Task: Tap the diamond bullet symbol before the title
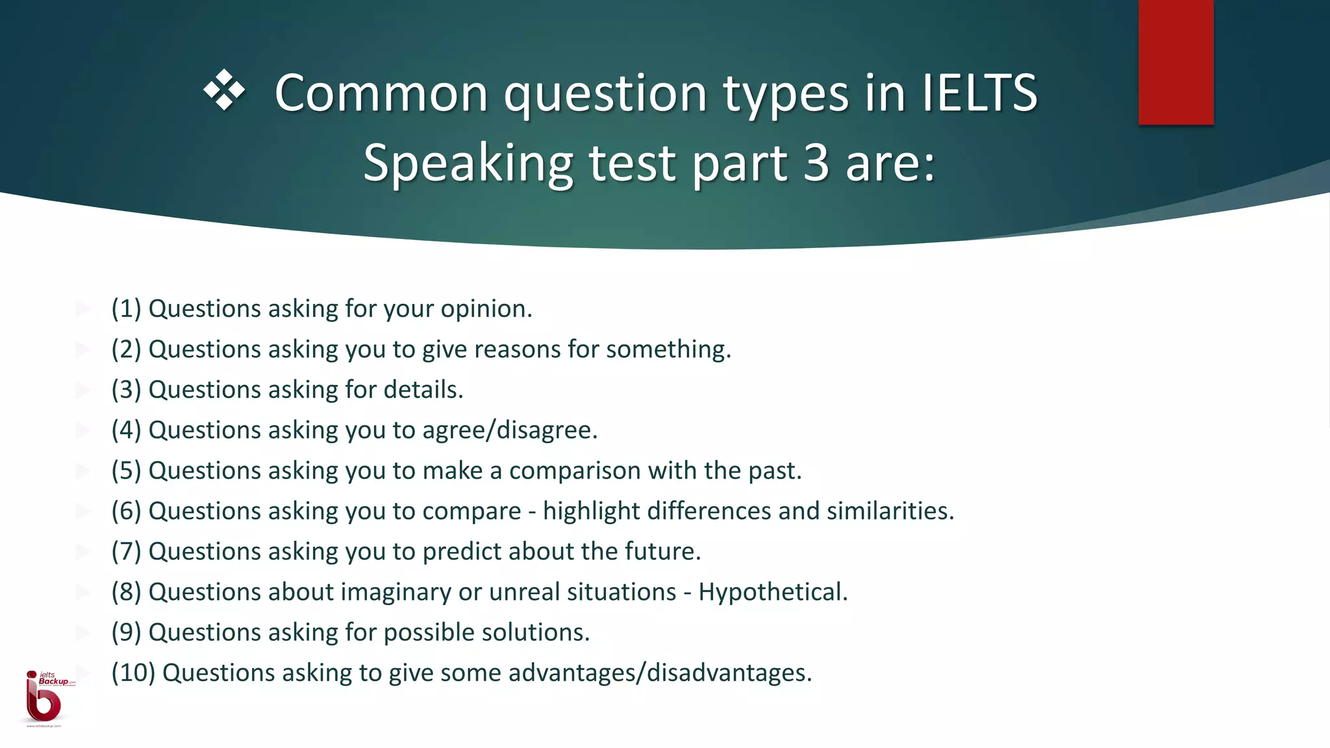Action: click(x=225, y=90)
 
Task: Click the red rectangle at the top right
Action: click(x=1175, y=62)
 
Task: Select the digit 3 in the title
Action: click(x=816, y=163)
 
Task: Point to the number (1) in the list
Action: click(x=126, y=309)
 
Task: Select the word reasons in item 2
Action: click(x=517, y=350)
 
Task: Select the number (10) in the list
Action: click(x=133, y=673)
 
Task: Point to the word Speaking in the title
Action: click(x=468, y=163)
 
